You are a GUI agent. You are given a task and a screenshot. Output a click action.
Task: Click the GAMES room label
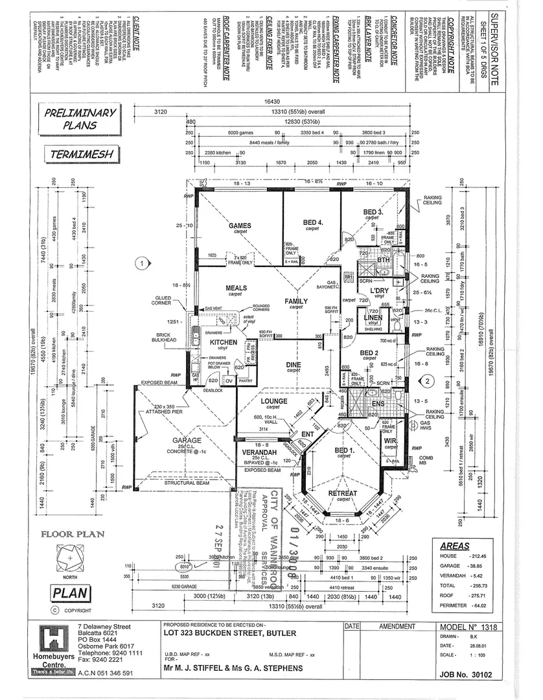coord(240,226)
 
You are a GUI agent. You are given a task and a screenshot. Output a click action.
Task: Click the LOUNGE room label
coord(273,401)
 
